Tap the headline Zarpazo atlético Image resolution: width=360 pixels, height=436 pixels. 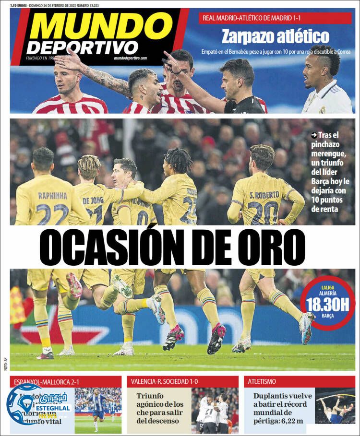coord(275,36)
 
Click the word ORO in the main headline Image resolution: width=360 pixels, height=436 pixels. coord(272,248)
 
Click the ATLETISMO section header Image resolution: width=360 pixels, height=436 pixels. coord(262,381)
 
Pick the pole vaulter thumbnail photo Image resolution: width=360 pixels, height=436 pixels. coord(335,405)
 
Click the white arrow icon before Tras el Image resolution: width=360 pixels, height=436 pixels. coord(314,135)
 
